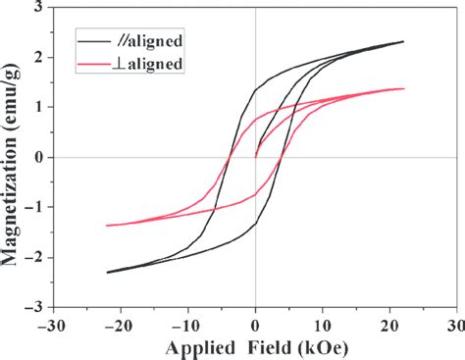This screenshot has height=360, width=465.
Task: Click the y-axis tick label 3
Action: tap(38, 7)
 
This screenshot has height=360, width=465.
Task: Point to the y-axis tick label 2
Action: tap(38, 57)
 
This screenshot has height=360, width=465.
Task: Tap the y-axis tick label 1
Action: tap(38, 107)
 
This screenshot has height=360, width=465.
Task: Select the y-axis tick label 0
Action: tap(38, 157)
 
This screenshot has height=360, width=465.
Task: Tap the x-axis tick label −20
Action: tap(121, 323)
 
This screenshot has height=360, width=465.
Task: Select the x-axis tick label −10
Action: tap(187, 323)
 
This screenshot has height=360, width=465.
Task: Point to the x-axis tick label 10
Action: tap(323, 323)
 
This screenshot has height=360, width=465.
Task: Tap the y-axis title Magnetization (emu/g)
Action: tap(12, 157)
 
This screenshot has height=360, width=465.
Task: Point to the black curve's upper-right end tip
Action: tap(403, 41)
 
